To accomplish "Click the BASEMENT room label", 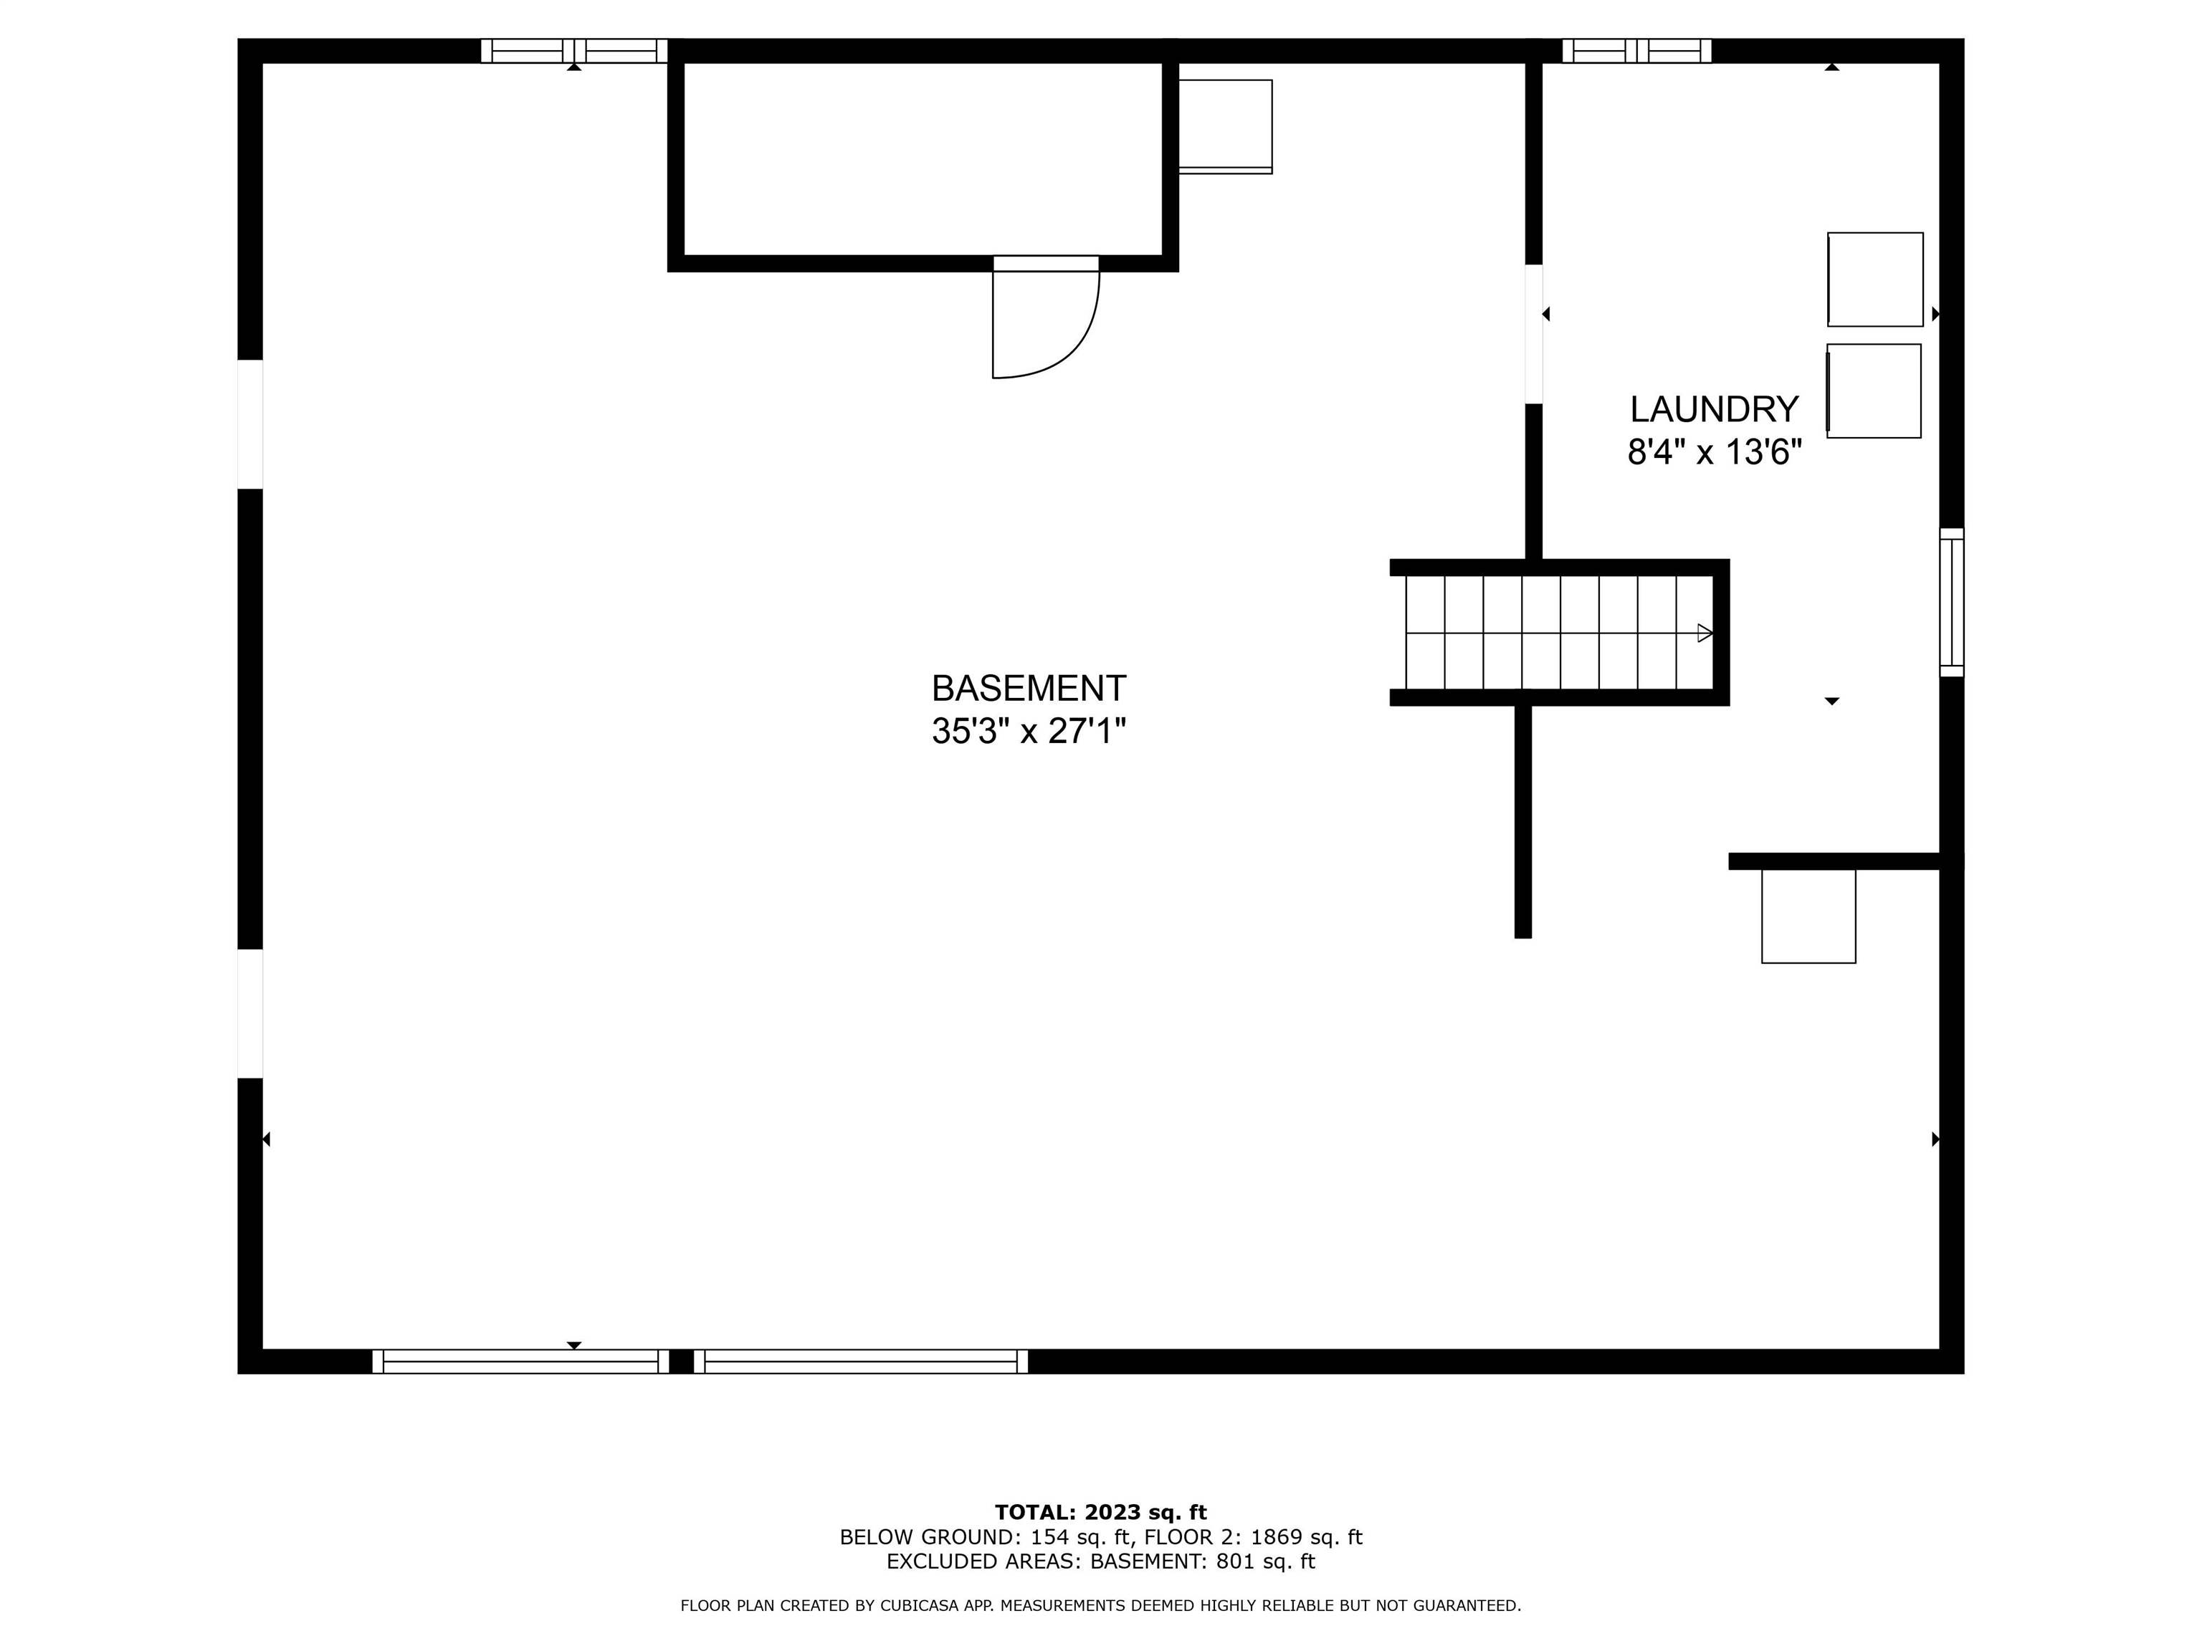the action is [1029, 688].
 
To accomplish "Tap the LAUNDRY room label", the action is [1714, 409].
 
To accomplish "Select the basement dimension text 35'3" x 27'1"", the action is [1029, 732].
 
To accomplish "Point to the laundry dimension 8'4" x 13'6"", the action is [1714, 453].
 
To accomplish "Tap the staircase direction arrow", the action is [1705, 633].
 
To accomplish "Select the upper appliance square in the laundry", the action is [1875, 279].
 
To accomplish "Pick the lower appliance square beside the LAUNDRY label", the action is [1874, 391].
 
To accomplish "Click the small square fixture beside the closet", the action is [1226, 126].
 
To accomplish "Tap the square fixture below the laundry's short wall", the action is [1808, 917].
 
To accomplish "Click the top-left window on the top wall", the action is [574, 51].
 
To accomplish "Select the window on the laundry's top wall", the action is [1636, 51].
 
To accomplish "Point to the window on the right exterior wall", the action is [1952, 603].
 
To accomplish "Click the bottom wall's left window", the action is [520, 1362].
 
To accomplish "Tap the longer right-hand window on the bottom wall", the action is [861, 1362].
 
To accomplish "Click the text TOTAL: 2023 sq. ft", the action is [1101, 1513].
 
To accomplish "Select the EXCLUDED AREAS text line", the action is [1101, 1561].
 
